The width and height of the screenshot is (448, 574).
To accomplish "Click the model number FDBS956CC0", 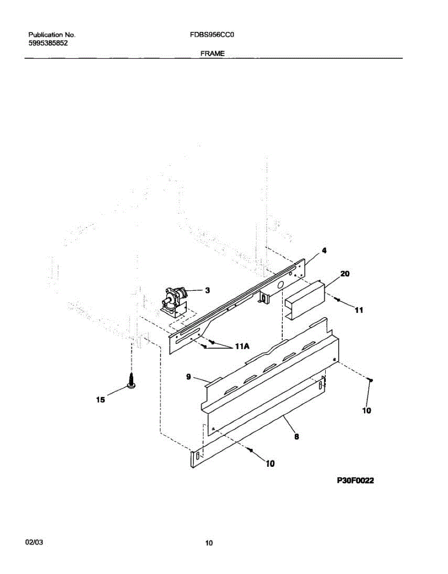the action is pyautogui.click(x=212, y=35).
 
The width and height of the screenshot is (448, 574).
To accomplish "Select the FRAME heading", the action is pyautogui.click(x=213, y=54).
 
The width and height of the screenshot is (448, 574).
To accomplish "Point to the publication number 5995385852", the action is pyautogui.click(x=48, y=43).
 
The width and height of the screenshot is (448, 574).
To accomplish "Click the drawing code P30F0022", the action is pyautogui.click(x=355, y=480).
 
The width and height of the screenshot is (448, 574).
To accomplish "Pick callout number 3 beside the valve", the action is pyautogui.click(x=207, y=290).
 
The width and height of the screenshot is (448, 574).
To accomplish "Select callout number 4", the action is pyautogui.click(x=324, y=250).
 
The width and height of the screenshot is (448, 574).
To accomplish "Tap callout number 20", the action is pyautogui.click(x=345, y=274).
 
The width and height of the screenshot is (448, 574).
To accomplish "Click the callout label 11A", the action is pyautogui.click(x=242, y=346).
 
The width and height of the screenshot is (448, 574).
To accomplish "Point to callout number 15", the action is pyautogui.click(x=100, y=400).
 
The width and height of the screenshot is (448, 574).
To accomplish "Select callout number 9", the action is pyautogui.click(x=188, y=376).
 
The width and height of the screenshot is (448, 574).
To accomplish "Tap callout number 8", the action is pyautogui.click(x=297, y=437).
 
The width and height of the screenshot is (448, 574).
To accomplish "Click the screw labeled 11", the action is pyautogui.click(x=338, y=299).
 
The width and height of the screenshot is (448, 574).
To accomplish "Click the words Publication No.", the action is pyautogui.click(x=52, y=35).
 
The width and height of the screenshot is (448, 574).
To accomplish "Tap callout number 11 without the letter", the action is pyautogui.click(x=359, y=310).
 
